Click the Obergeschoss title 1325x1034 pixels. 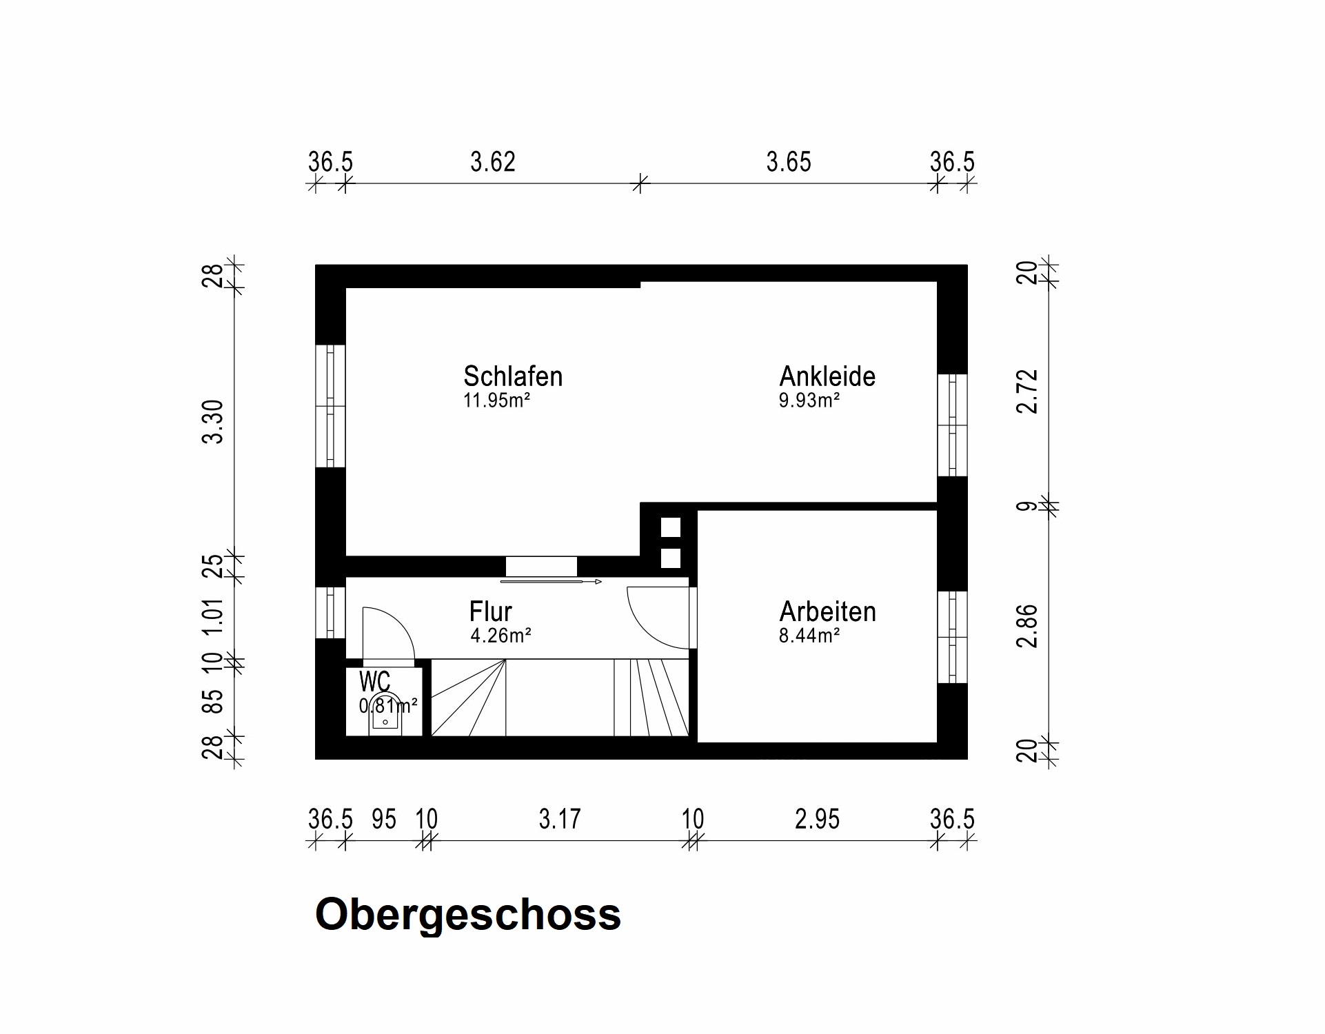pos(468,915)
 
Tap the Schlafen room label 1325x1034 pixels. pos(513,376)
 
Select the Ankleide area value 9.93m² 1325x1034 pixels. pos(809,401)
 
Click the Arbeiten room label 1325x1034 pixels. pos(827,612)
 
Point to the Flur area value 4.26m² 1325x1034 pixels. pos(500,636)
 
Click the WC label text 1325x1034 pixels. pos(374,682)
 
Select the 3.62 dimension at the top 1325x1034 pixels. pos(492,163)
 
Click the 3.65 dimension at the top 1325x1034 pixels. pos(789,163)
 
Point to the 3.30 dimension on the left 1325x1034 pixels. pos(214,421)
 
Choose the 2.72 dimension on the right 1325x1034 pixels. pos(1027,392)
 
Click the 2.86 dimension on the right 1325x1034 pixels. pos(1027,626)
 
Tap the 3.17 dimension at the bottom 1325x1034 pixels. pos(559,820)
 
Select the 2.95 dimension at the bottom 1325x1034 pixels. pos(817,820)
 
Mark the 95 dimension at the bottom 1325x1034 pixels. pos(384,820)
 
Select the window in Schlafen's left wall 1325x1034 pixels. pos(330,406)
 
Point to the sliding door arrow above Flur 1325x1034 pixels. pos(552,582)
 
